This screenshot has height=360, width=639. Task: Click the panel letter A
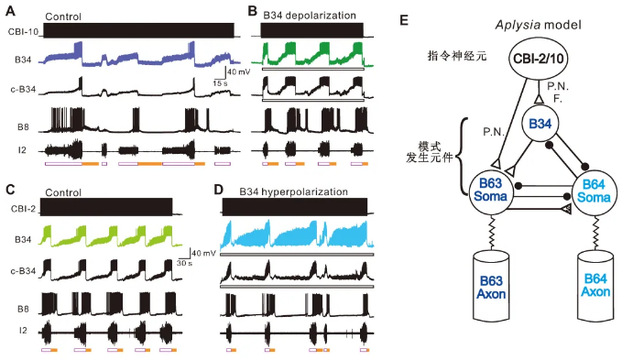pos(10,11)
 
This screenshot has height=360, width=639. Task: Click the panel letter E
pos(404,20)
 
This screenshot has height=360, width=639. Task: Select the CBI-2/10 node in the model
pos(538,58)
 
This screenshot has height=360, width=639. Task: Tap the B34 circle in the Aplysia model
pos(540,124)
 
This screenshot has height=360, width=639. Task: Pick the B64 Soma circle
pos(594,191)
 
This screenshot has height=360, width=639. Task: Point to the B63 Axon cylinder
pos(491,286)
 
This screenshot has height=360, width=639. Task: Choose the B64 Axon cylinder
pos(595,286)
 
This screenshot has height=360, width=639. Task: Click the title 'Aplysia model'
pos(538,25)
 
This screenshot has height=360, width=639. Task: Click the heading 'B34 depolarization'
pos(309,15)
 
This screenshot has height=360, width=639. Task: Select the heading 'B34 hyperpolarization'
pos(293,191)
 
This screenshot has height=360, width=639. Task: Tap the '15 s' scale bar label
pos(220,83)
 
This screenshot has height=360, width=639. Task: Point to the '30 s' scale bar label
pos(185,263)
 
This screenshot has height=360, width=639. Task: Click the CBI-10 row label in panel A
pos(23,31)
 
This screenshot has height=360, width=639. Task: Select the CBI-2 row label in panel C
pos(23,209)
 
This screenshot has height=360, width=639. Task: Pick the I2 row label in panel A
pos(23,150)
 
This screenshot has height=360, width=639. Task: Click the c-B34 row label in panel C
pos(23,270)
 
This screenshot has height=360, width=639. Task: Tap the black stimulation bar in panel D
pos(295,207)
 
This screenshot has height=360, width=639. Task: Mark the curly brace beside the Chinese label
pos(464,156)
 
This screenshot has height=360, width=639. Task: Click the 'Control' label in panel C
pos(63,192)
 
